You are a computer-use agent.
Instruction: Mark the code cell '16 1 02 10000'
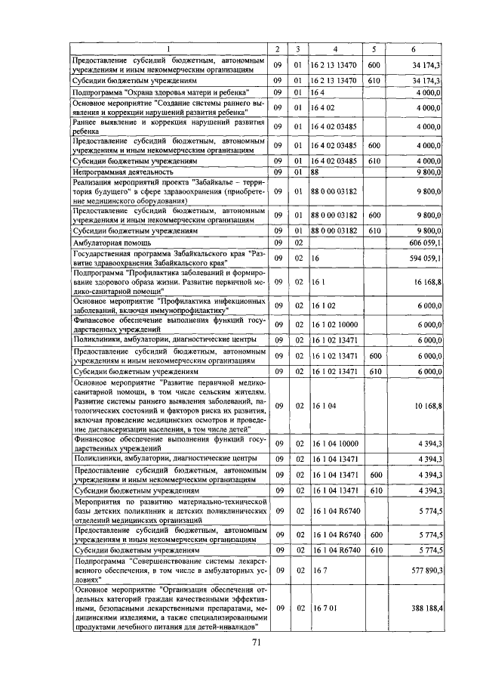[335, 324]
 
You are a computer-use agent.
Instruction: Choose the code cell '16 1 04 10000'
[335, 444]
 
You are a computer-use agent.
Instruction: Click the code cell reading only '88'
[315, 172]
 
